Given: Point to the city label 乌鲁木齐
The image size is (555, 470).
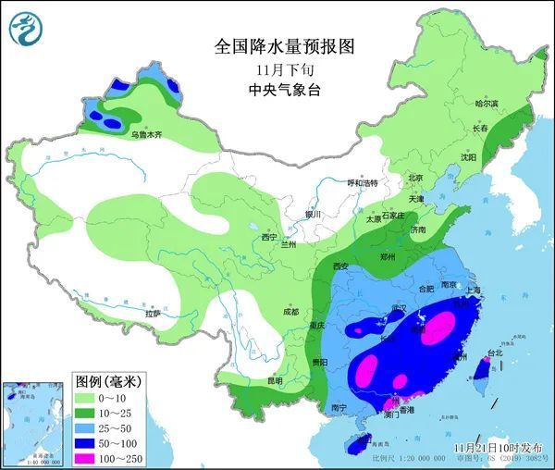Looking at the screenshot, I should (x=145, y=135).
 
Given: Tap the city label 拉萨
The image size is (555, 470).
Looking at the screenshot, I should (x=153, y=315).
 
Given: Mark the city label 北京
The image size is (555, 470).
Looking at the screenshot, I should (x=415, y=178).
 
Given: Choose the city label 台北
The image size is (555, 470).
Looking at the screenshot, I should (x=496, y=353).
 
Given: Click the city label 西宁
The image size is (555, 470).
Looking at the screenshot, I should (x=269, y=238).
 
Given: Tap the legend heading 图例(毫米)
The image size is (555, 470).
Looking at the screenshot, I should (x=108, y=381).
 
